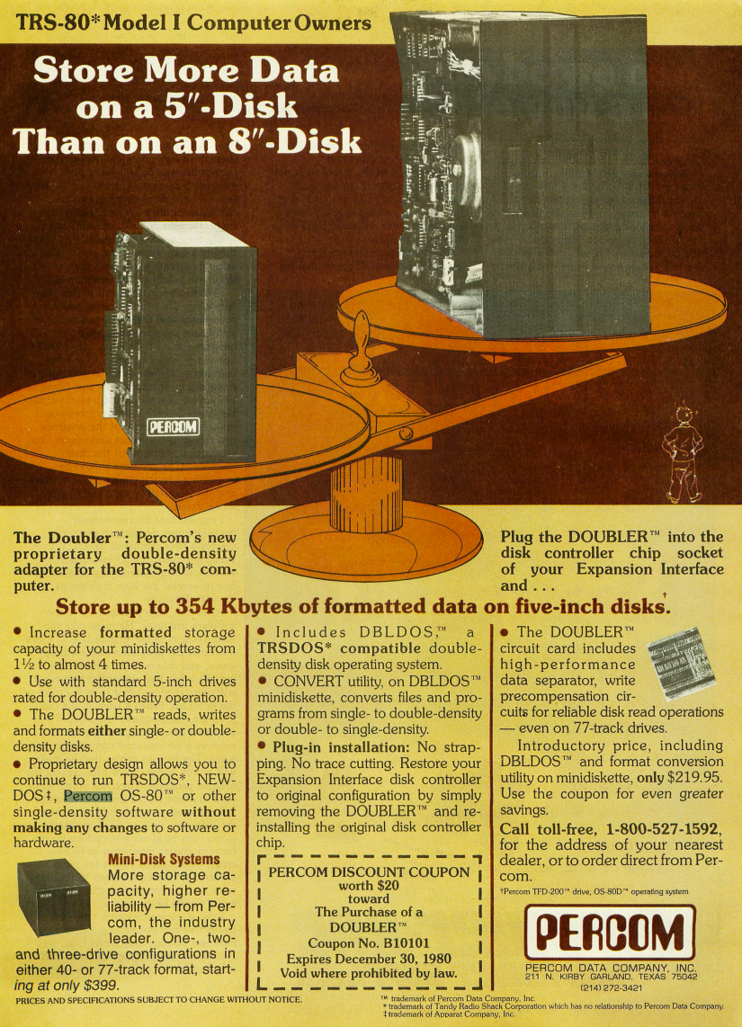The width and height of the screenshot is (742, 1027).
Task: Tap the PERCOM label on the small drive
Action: (173, 427)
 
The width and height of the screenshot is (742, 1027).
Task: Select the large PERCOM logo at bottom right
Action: (610, 933)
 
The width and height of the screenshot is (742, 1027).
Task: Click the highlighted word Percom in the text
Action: (88, 796)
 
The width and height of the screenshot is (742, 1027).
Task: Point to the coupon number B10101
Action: (397, 943)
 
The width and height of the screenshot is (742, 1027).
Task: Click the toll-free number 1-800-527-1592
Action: (664, 828)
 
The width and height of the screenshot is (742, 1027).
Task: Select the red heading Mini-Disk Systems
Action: (164, 860)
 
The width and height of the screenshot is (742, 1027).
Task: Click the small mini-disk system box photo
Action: (54, 897)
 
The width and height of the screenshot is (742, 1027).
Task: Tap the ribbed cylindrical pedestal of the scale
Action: (366, 494)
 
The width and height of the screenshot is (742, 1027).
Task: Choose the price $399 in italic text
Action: (100, 985)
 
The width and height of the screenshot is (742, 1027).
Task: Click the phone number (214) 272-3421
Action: (611, 987)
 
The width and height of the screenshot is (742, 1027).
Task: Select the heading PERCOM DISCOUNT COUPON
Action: (369, 872)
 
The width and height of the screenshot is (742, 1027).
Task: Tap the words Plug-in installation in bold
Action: (341, 747)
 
